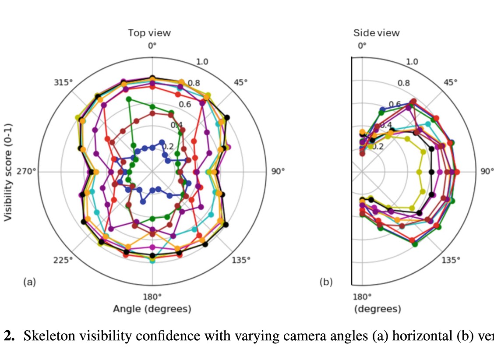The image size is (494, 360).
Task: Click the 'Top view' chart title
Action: (x=149, y=33)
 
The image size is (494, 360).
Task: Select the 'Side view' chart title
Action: (x=376, y=33)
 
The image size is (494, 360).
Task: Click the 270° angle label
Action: (x=28, y=172)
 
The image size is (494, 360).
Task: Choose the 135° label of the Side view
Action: (x=451, y=260)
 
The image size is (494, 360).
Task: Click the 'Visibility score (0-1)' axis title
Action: (x=8, y=172)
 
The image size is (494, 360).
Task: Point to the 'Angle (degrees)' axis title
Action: (x=152, y=309)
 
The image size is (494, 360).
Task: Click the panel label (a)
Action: (x=29, y=282)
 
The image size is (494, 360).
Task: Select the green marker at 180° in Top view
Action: (x=152, y=219)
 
